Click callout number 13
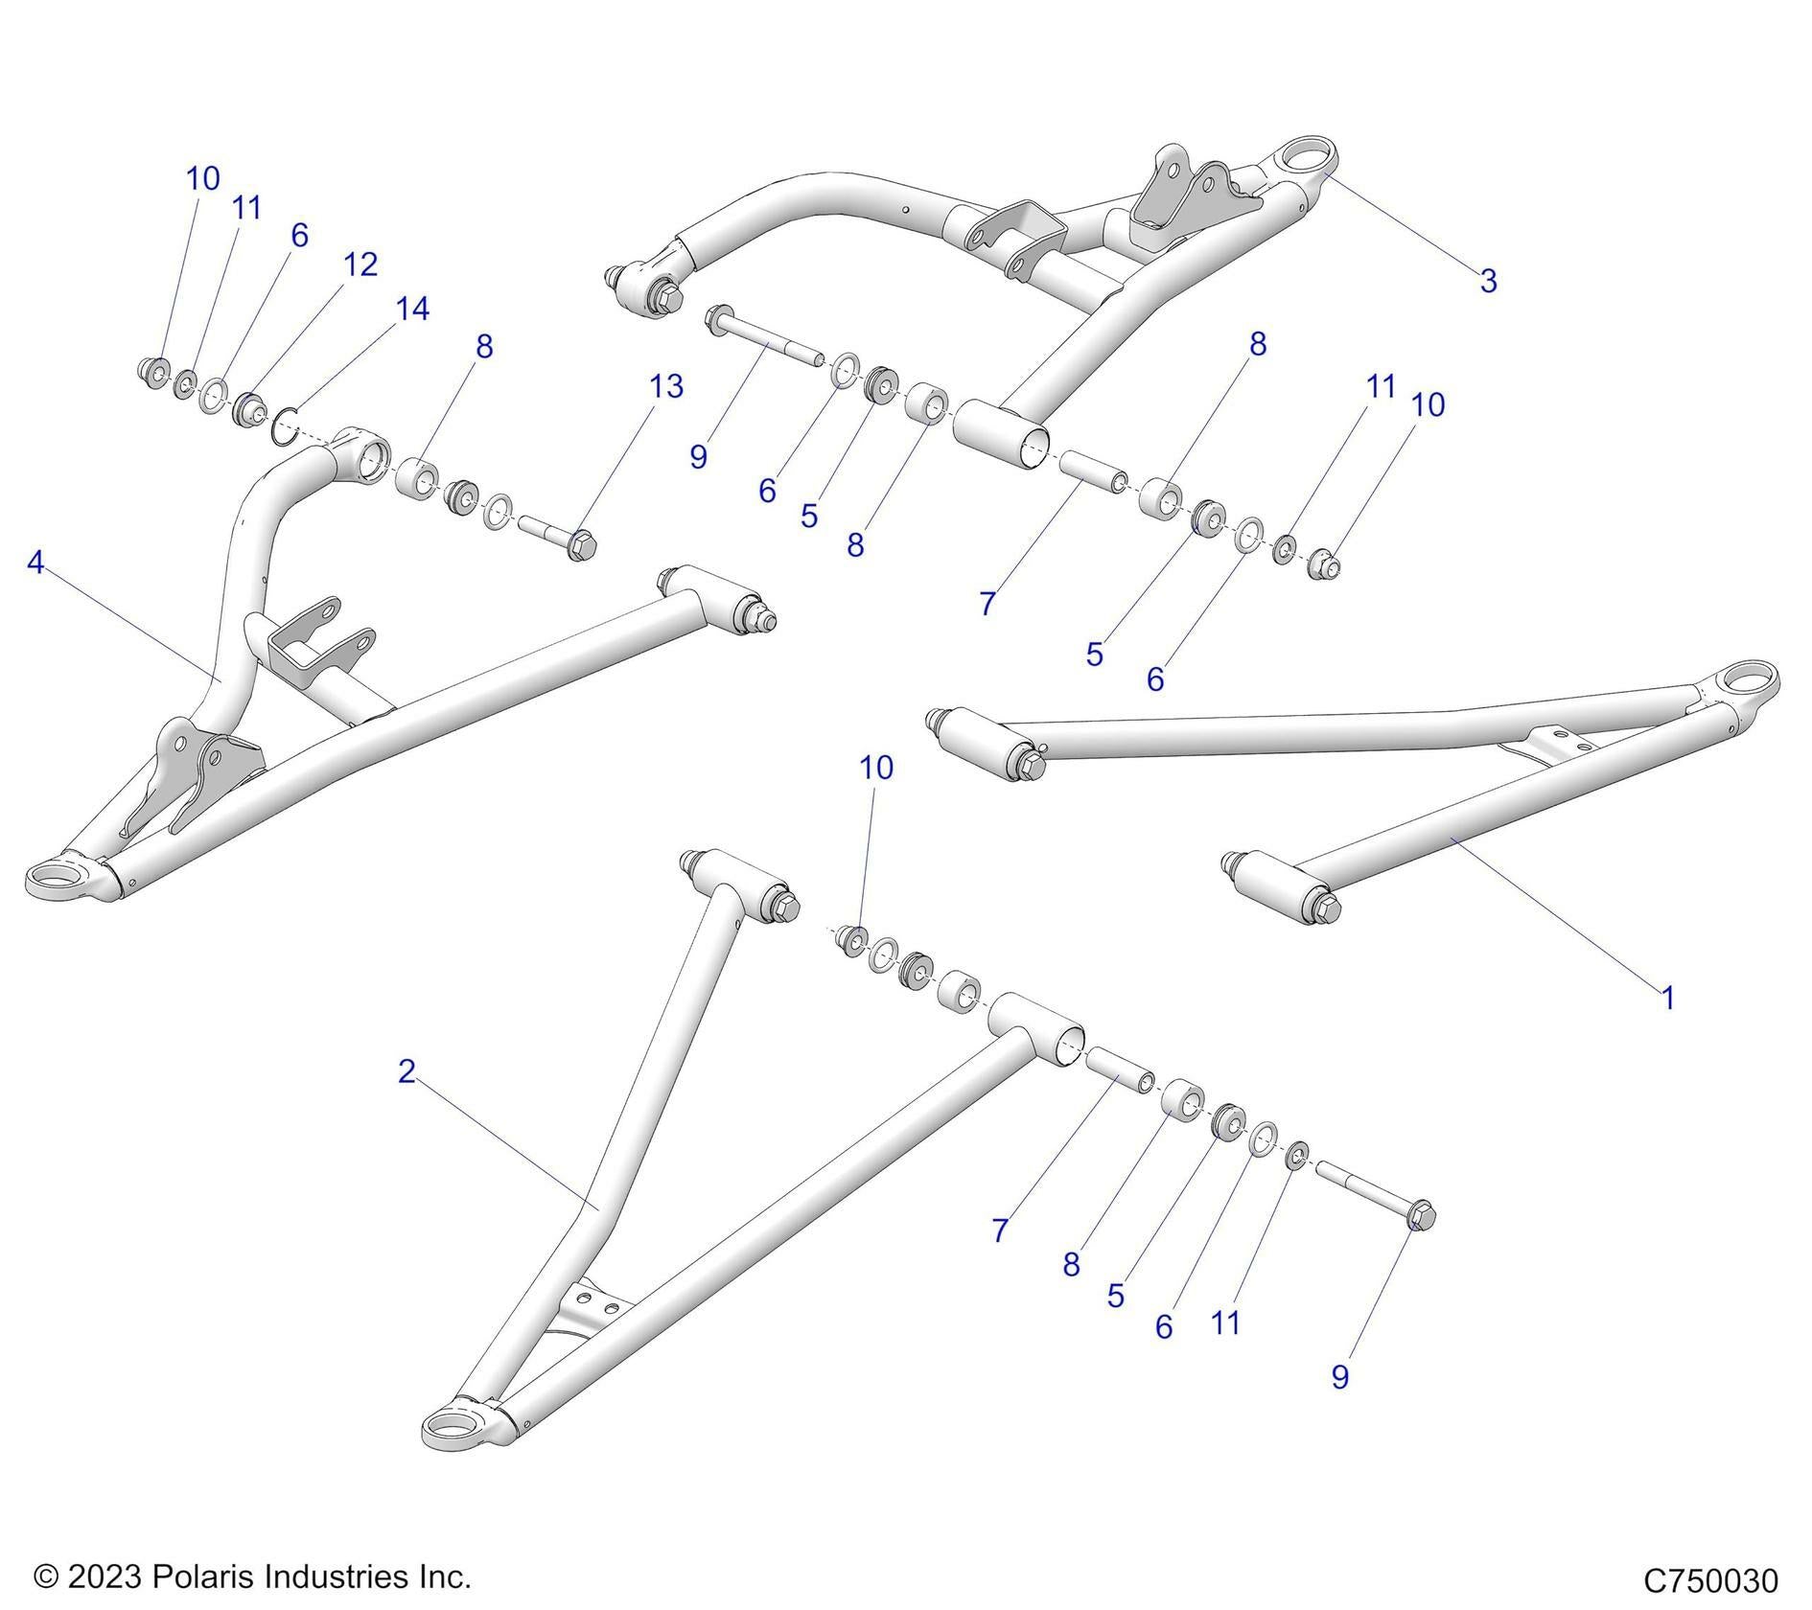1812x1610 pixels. pyautogui.click(x=666, y=386)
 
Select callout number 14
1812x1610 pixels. pyautogui.click(x=412, y=309)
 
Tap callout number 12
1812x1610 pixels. pyautogui.click(x=360, y=264)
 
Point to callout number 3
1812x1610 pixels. pyautogui.click(x=1488, y=281)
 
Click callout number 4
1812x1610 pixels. pyautogui.click(x=35, y=563)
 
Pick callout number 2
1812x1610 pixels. pyautogui.click(x=407, y=1071)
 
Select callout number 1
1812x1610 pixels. pyautogui.click(x=1667, y=998)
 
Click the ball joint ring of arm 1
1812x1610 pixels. pyautogui.click(x=1745, y=681)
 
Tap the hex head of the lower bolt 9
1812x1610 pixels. pyautogui.click(x=1422, y=1214)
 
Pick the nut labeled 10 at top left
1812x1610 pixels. pyautogui.click(x=153, y=369)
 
